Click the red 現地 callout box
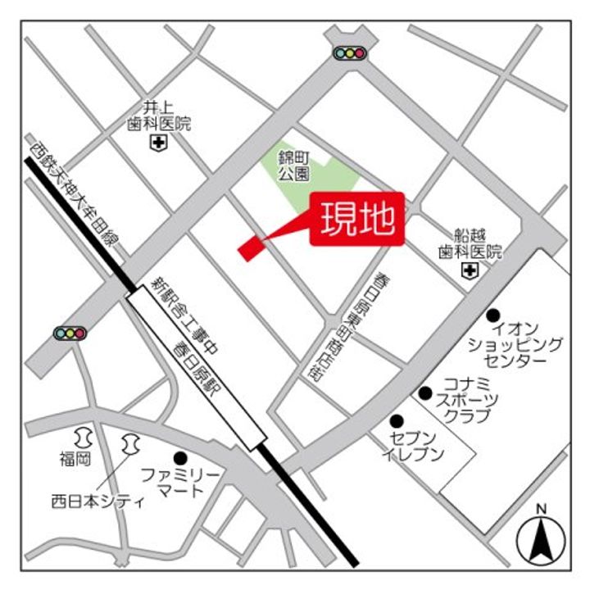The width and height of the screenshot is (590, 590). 357,218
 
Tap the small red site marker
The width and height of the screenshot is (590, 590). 248,249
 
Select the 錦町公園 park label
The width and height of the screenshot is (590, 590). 293,166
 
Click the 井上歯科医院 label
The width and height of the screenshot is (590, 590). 158,116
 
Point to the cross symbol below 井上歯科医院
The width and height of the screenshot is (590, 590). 157,143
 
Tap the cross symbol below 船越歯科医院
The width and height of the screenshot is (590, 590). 470,270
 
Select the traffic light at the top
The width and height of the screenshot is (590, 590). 349,53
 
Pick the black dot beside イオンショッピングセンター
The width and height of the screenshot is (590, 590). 493,315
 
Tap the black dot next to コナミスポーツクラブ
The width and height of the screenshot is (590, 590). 425,393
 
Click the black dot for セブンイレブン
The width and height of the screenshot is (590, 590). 397,420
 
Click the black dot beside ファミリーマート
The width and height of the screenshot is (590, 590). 180,457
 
